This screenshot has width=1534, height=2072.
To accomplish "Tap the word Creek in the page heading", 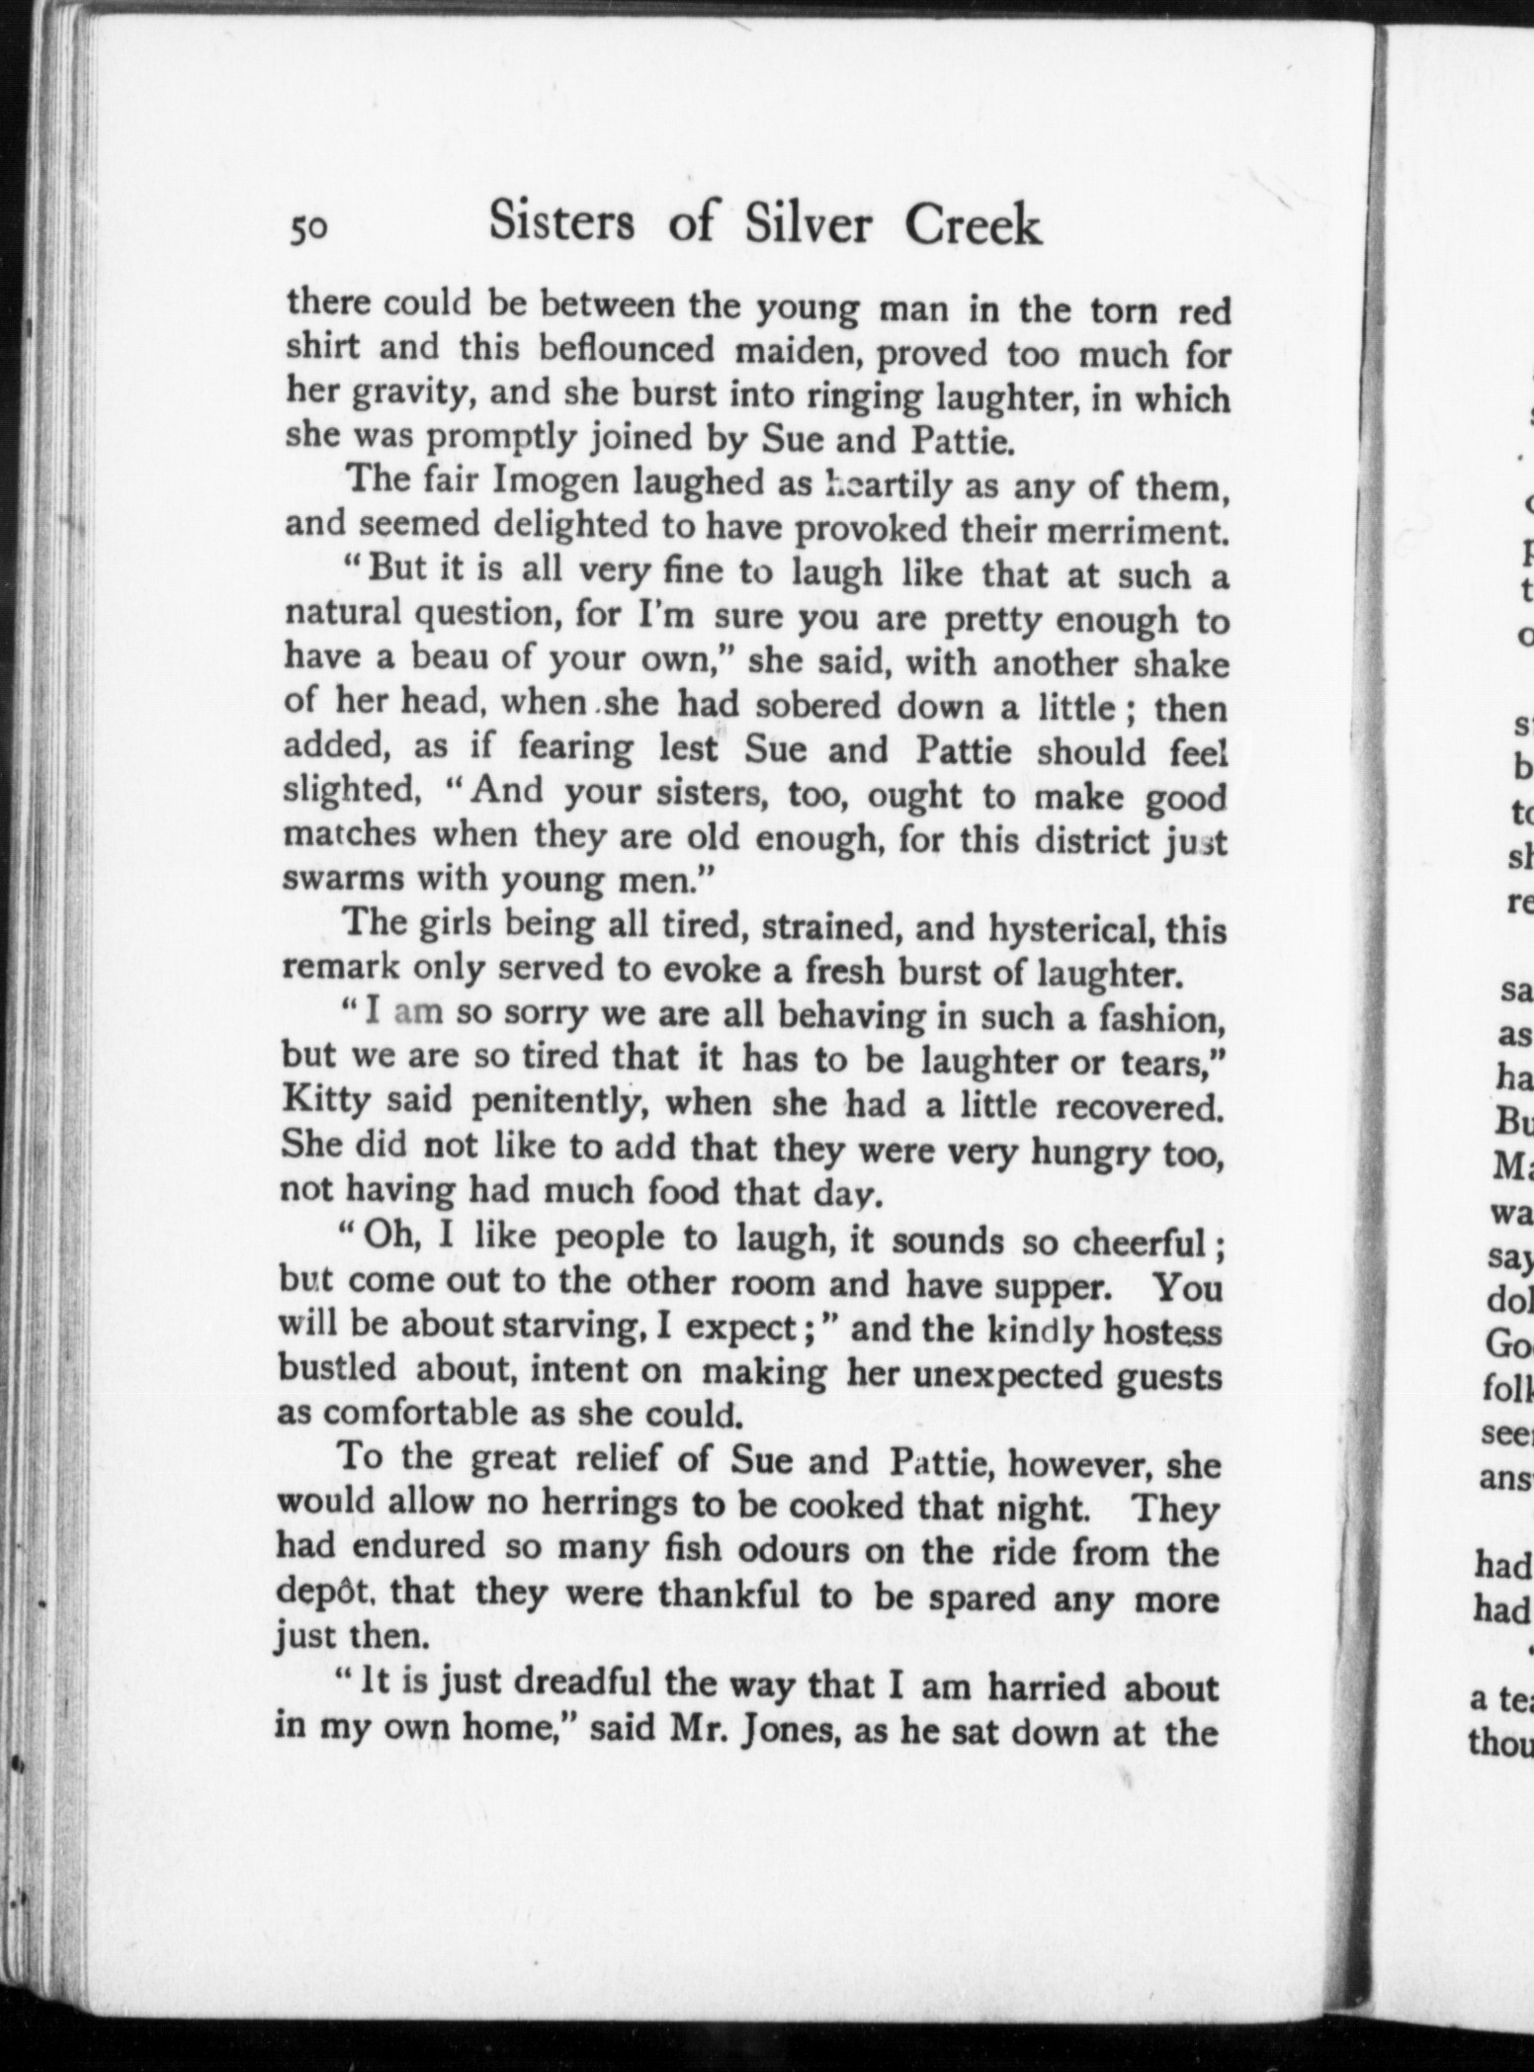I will [x=973, y=226].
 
